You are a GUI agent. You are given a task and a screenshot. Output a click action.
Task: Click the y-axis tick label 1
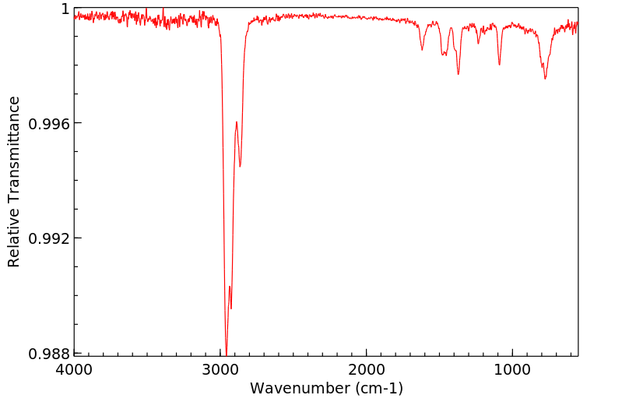(65, 9)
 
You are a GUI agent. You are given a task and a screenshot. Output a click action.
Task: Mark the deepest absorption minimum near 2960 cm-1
(226, 354)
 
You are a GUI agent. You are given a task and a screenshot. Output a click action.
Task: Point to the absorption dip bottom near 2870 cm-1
(240, 167)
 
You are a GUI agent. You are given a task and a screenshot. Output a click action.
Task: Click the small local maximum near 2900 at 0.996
(236, 122)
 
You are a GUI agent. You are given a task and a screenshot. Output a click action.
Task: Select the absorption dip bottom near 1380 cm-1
(459, 74)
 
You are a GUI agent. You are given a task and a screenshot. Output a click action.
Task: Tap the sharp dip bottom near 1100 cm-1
(499, 65)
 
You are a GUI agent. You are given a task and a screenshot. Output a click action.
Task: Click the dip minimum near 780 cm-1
(545, 79)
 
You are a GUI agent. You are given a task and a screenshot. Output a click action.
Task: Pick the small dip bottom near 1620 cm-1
(422, 51)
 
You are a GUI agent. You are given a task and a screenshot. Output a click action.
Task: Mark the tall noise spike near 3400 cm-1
(163, 9)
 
